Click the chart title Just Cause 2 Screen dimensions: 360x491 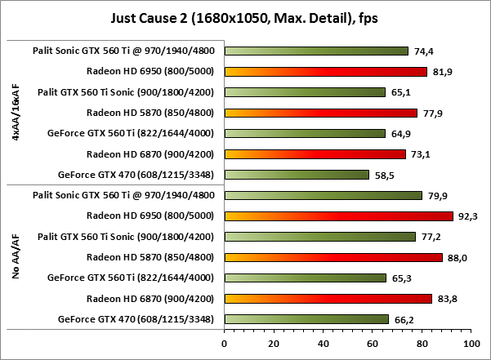[245, 17]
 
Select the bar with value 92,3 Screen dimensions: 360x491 [338, 216]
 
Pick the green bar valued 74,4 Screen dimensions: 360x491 [316, 51]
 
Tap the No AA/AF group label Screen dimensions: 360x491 [16, 257]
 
